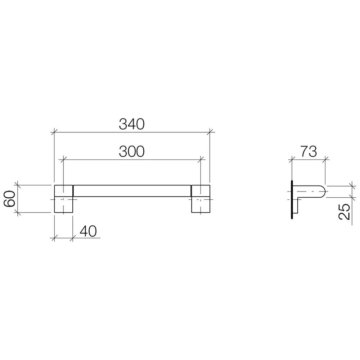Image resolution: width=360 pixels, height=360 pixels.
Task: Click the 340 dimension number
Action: [x=131, y=124]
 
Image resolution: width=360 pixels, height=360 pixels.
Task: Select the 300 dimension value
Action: [x=131, y=152]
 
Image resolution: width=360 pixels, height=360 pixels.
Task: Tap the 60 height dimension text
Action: [x=10, y=199]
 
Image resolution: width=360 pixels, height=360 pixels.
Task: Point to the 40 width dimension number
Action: [x=88, y=231]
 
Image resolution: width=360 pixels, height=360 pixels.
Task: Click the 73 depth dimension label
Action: [x=309, y=151]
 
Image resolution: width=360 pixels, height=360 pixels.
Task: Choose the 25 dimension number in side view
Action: [x=345, y=211]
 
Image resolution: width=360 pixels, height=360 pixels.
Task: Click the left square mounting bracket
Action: [x=64, y=199]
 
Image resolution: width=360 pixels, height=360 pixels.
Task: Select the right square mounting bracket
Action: [x=201, y=199]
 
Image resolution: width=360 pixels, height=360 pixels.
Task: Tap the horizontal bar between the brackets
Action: [x=132, y=191]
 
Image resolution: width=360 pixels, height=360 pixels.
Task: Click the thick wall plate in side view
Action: [x=292, y=200]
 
